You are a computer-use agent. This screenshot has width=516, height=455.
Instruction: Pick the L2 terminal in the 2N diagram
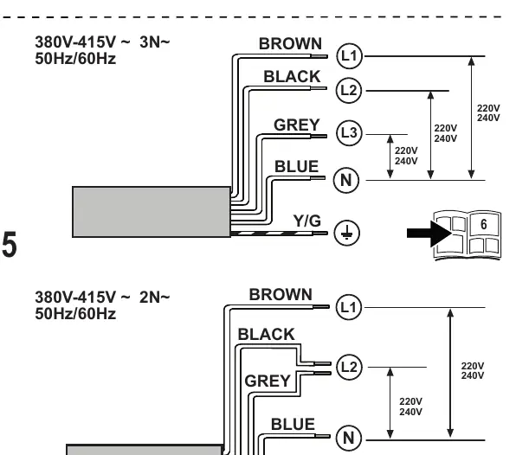349,367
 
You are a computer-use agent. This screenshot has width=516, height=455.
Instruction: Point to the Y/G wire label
307,221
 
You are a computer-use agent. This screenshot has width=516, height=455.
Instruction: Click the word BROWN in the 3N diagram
290,44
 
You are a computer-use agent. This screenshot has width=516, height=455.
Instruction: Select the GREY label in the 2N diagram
268,381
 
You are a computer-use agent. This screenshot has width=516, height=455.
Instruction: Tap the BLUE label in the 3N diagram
296,166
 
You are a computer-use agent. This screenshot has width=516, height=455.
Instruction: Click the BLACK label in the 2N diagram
267,335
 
